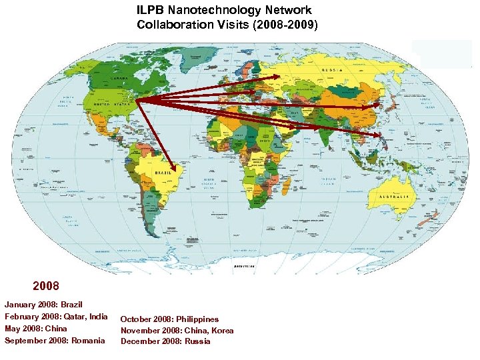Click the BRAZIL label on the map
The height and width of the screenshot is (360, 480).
pos(165,173)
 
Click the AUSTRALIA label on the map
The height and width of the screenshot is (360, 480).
pos(394,197)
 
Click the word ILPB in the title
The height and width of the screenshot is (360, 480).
pos(151,11)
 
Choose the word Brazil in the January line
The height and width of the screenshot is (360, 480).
pos(71,304)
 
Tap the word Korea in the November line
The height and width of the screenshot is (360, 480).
pos(223,330)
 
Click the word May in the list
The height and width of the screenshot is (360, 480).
pos(13,329)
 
